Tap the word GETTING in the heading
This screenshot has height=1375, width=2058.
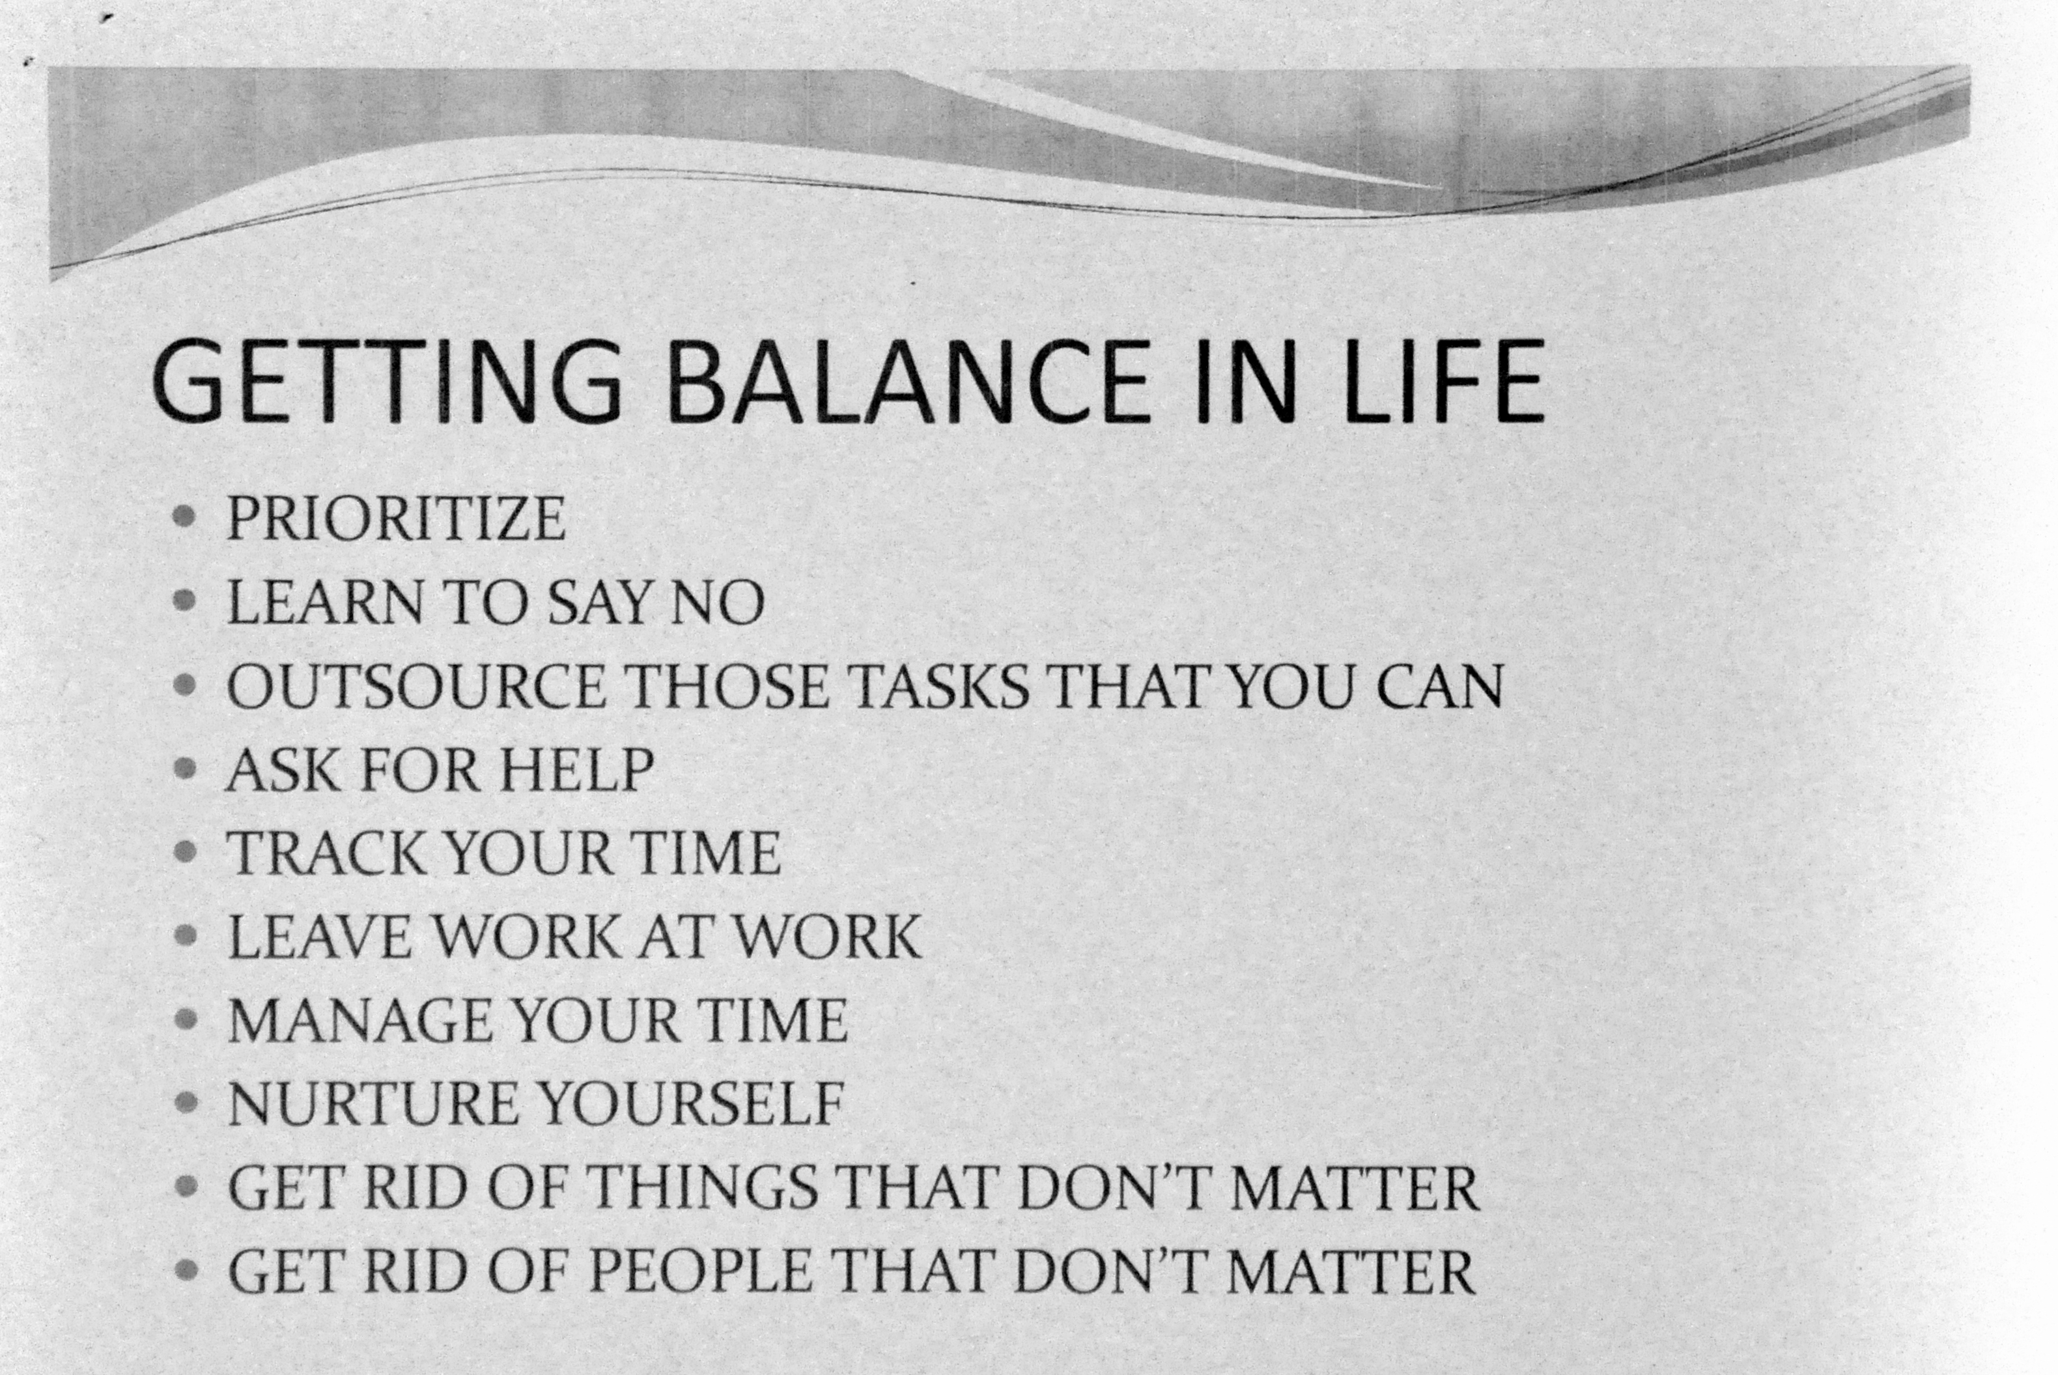[x=388, y=382]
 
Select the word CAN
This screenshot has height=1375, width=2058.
[x=1439, y=686]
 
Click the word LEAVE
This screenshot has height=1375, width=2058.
[x=319, y=937]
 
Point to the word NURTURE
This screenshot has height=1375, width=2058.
[x=373, y=1103]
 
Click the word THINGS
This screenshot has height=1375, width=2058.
[x=701, y=1187]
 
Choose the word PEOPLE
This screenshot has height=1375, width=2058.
[x=699, y=1271]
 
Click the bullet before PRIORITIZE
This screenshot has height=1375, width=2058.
[x=184, y=517]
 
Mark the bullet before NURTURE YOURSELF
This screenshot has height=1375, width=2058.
[x=185, y=1102]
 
